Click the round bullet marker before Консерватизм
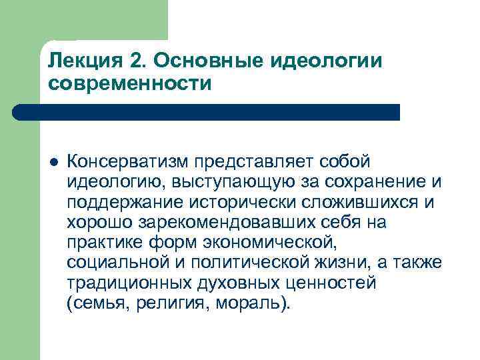coord(53,161)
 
